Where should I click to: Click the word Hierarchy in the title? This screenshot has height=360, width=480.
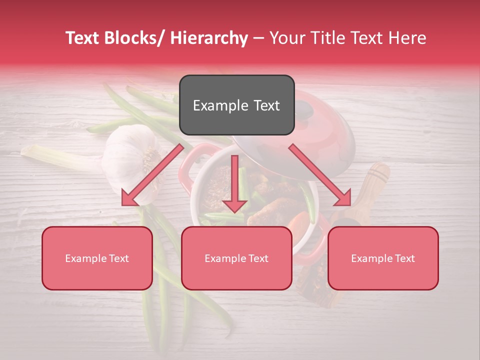[209, 38]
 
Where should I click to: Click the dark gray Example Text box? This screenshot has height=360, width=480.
[236, 105]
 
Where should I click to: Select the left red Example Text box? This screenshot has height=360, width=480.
[97, 258]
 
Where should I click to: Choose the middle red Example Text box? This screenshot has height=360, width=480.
[236, 258]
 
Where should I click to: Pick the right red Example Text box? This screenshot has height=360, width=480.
[383, 258]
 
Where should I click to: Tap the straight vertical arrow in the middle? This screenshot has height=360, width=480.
[234, 185]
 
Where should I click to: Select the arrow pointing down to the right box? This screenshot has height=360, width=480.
[320, 175]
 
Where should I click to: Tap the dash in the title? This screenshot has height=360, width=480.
[258, 38]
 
